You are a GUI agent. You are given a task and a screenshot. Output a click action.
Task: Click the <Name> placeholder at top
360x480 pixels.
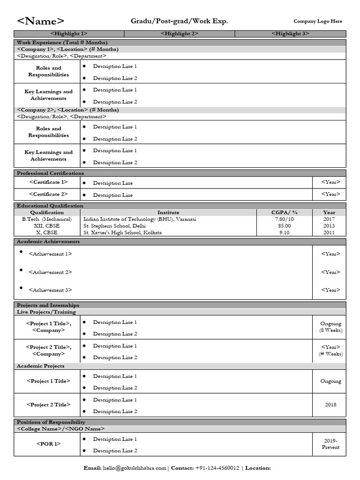coord(41,21)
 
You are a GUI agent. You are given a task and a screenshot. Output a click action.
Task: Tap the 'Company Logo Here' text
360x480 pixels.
coord(318,21)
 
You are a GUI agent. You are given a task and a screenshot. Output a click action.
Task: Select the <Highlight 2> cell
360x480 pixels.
coord(180,34)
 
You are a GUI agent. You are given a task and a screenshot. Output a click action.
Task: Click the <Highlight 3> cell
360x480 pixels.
coord(290,34)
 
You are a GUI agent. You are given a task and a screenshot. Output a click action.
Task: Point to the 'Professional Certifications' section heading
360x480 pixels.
coord(51,173)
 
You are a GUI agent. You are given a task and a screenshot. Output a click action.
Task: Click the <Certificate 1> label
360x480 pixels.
coord(48,182)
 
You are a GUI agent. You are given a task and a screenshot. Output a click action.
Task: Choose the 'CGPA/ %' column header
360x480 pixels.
coord(285,212)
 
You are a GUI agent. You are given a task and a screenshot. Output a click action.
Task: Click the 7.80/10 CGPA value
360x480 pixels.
coord(285,219)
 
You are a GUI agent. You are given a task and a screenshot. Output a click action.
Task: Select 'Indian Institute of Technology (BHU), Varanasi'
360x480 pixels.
coord(140,219)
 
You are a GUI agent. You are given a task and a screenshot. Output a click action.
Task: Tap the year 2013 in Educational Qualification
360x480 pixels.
coord(329,225)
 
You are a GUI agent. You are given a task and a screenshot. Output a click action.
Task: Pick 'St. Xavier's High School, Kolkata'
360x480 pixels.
coord(122,232)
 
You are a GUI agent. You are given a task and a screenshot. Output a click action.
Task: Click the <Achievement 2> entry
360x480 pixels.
coord(50,272)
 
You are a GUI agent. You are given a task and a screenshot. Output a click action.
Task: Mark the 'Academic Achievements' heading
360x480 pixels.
coord(48,242)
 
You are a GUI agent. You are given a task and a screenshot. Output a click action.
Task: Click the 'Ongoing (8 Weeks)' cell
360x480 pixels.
coord(330,327)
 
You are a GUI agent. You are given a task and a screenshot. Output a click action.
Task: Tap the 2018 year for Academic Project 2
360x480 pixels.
coord(330,405)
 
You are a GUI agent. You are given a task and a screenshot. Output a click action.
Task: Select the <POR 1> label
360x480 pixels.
coord(48,444)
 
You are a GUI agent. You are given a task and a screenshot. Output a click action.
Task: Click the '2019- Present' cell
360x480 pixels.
coord(330,444)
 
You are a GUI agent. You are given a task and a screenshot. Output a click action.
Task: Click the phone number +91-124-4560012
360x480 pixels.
coord(217,468)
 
